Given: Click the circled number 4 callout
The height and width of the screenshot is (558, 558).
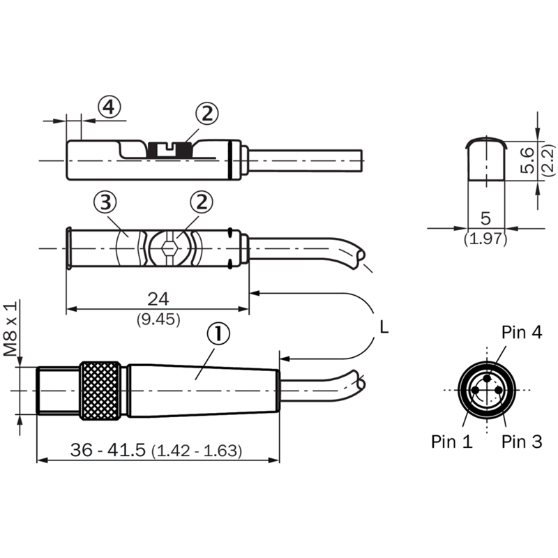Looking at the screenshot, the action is [110, 107].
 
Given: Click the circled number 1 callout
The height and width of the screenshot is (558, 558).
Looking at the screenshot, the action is [218, 333].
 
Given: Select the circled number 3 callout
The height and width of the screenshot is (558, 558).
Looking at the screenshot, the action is [105, 202].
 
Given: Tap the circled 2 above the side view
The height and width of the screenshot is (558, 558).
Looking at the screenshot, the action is [207, 114].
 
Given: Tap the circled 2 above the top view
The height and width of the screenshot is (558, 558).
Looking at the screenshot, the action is [202, 202].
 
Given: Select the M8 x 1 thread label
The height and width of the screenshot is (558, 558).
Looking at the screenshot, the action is [10, 329].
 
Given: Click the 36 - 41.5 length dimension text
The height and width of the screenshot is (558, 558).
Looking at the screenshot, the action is [108, 449].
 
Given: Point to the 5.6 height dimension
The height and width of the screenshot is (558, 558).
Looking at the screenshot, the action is [527, 160].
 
